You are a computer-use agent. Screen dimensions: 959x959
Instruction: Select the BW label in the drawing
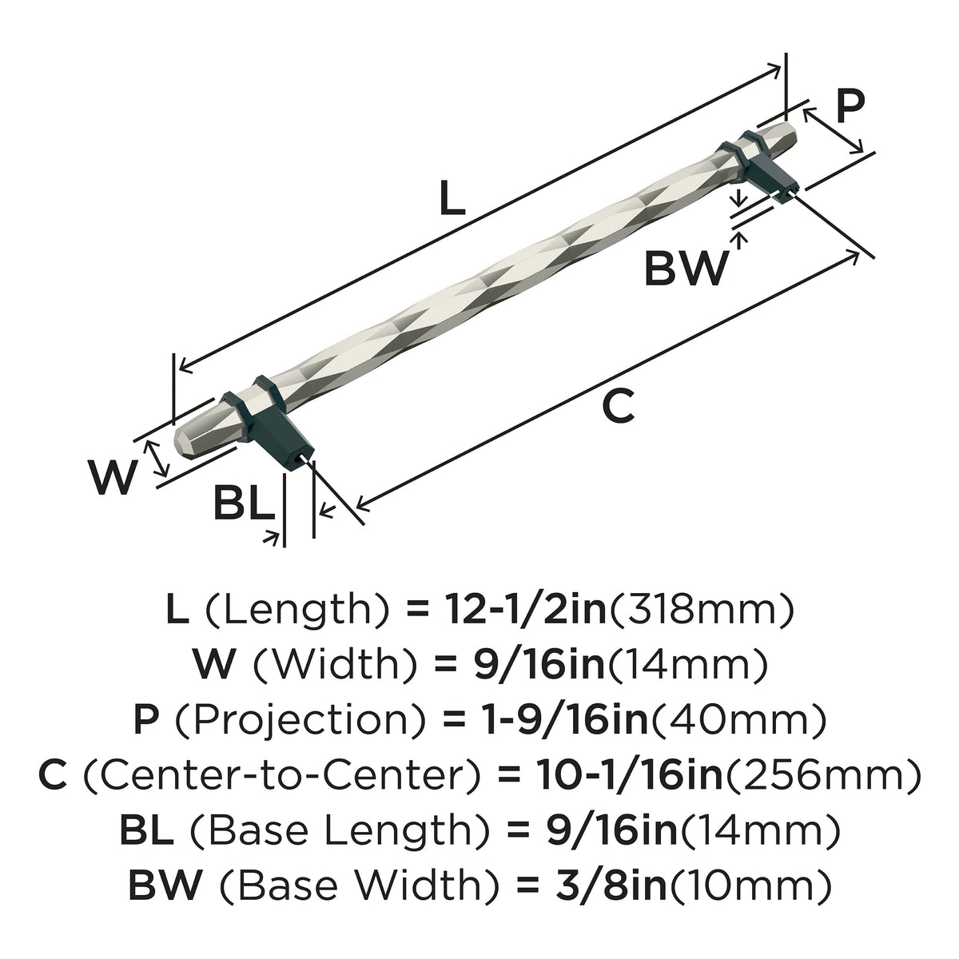click(x=686, y=269)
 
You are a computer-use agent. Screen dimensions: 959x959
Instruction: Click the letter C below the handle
click(x=618, y=405)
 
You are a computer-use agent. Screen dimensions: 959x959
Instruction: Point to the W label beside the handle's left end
click(x=113, y=477)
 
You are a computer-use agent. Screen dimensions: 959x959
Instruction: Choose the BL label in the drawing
click(x=244, y=503)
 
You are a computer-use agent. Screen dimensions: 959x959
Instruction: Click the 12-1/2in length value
click(x=526, y=610)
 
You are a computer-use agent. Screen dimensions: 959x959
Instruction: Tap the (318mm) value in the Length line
click(x=701, y=611)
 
